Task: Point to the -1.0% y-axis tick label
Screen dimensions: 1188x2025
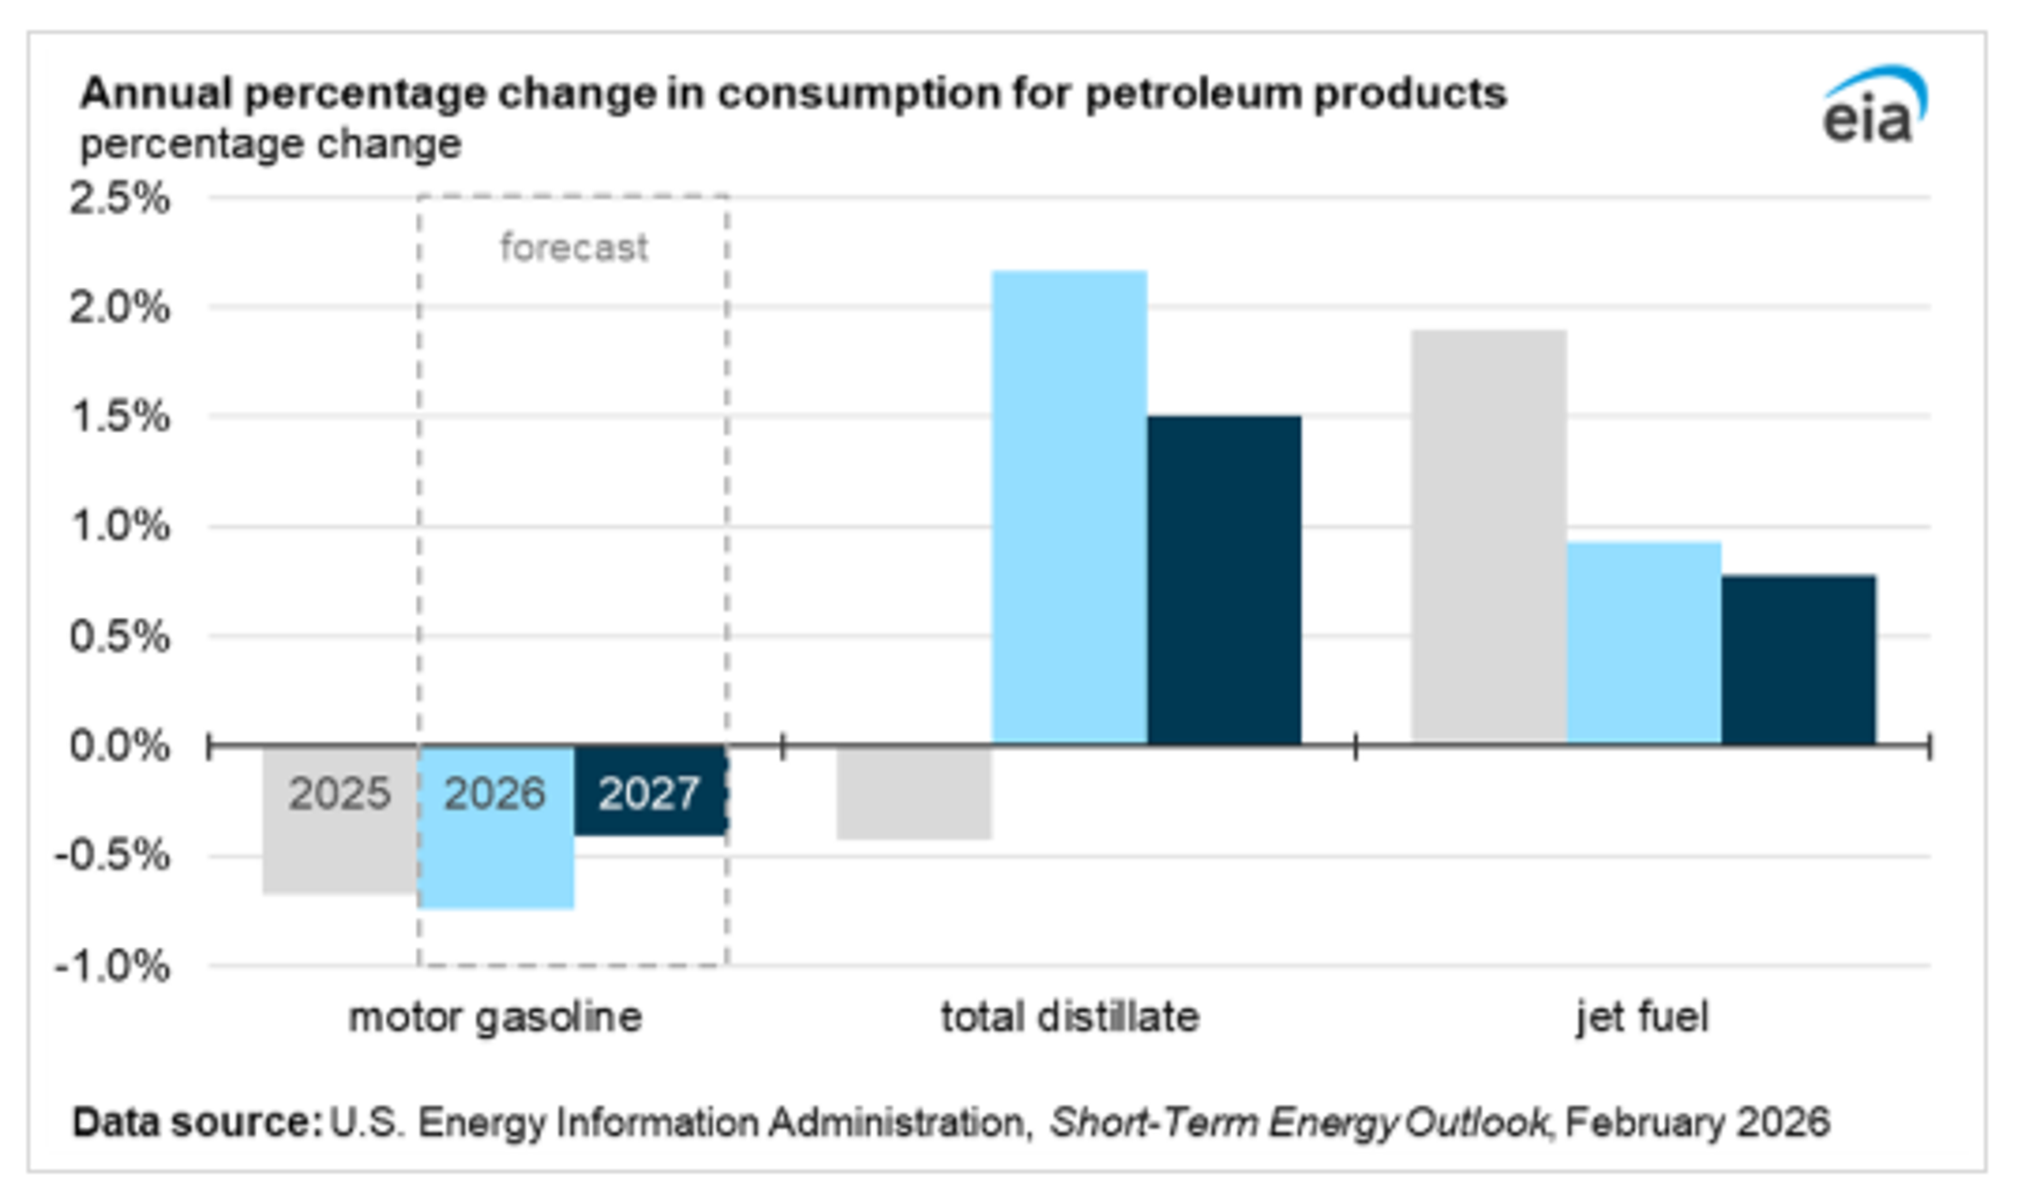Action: coord(112,966)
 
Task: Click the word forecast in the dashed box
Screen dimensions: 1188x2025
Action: coord(574,247)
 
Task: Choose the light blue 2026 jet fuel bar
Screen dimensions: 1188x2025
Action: coord(1644,642)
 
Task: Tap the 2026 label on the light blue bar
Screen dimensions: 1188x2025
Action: coord(494,794)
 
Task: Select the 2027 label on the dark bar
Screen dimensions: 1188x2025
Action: coord(649,794)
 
